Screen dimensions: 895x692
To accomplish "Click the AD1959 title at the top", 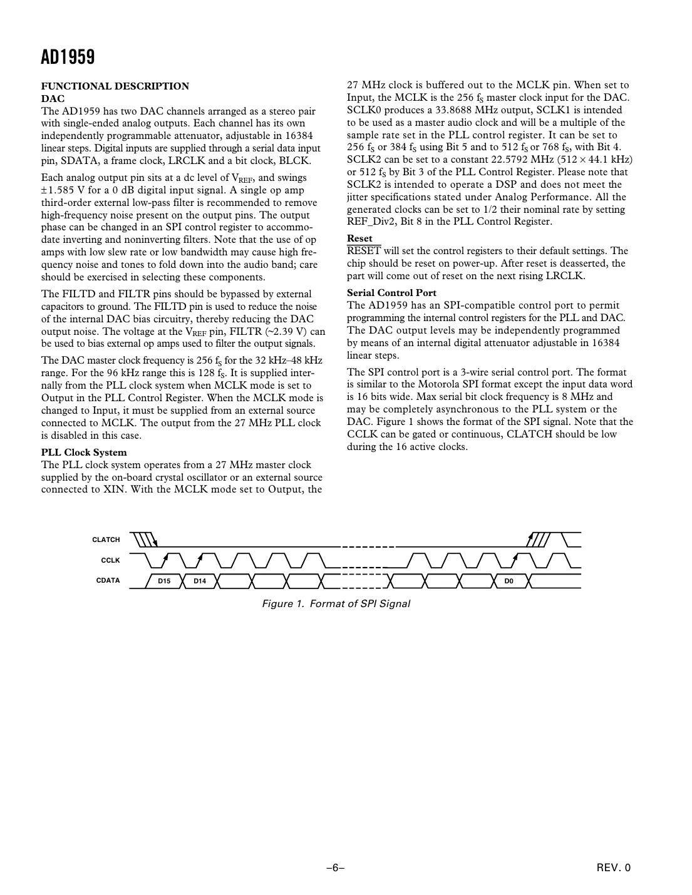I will [x=68, y=58].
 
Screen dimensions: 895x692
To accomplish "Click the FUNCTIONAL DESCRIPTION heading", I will [x=115, y=86].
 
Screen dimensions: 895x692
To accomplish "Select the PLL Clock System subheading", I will [x=84, y=453].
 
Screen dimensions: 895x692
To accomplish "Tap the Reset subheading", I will [x=359, y=238].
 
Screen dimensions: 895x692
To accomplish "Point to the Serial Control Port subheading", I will [x=391, y=293].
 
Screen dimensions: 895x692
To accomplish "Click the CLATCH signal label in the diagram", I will [x=106, y=540].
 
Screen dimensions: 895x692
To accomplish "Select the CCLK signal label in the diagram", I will [x=110, y=560].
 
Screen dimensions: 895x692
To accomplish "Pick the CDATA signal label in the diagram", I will [x=108, y=581].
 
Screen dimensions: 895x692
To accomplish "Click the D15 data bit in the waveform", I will [x=164, y=581].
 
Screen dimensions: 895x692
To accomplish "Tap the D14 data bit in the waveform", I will [x=200, y=581].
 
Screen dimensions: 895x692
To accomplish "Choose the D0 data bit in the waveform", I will [x=509, y=581].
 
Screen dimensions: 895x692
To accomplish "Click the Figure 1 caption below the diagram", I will [x=336, y=603].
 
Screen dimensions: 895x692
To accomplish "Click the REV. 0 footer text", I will [x=614, y=867].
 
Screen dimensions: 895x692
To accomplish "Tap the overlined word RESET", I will [x=364, y=251].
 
